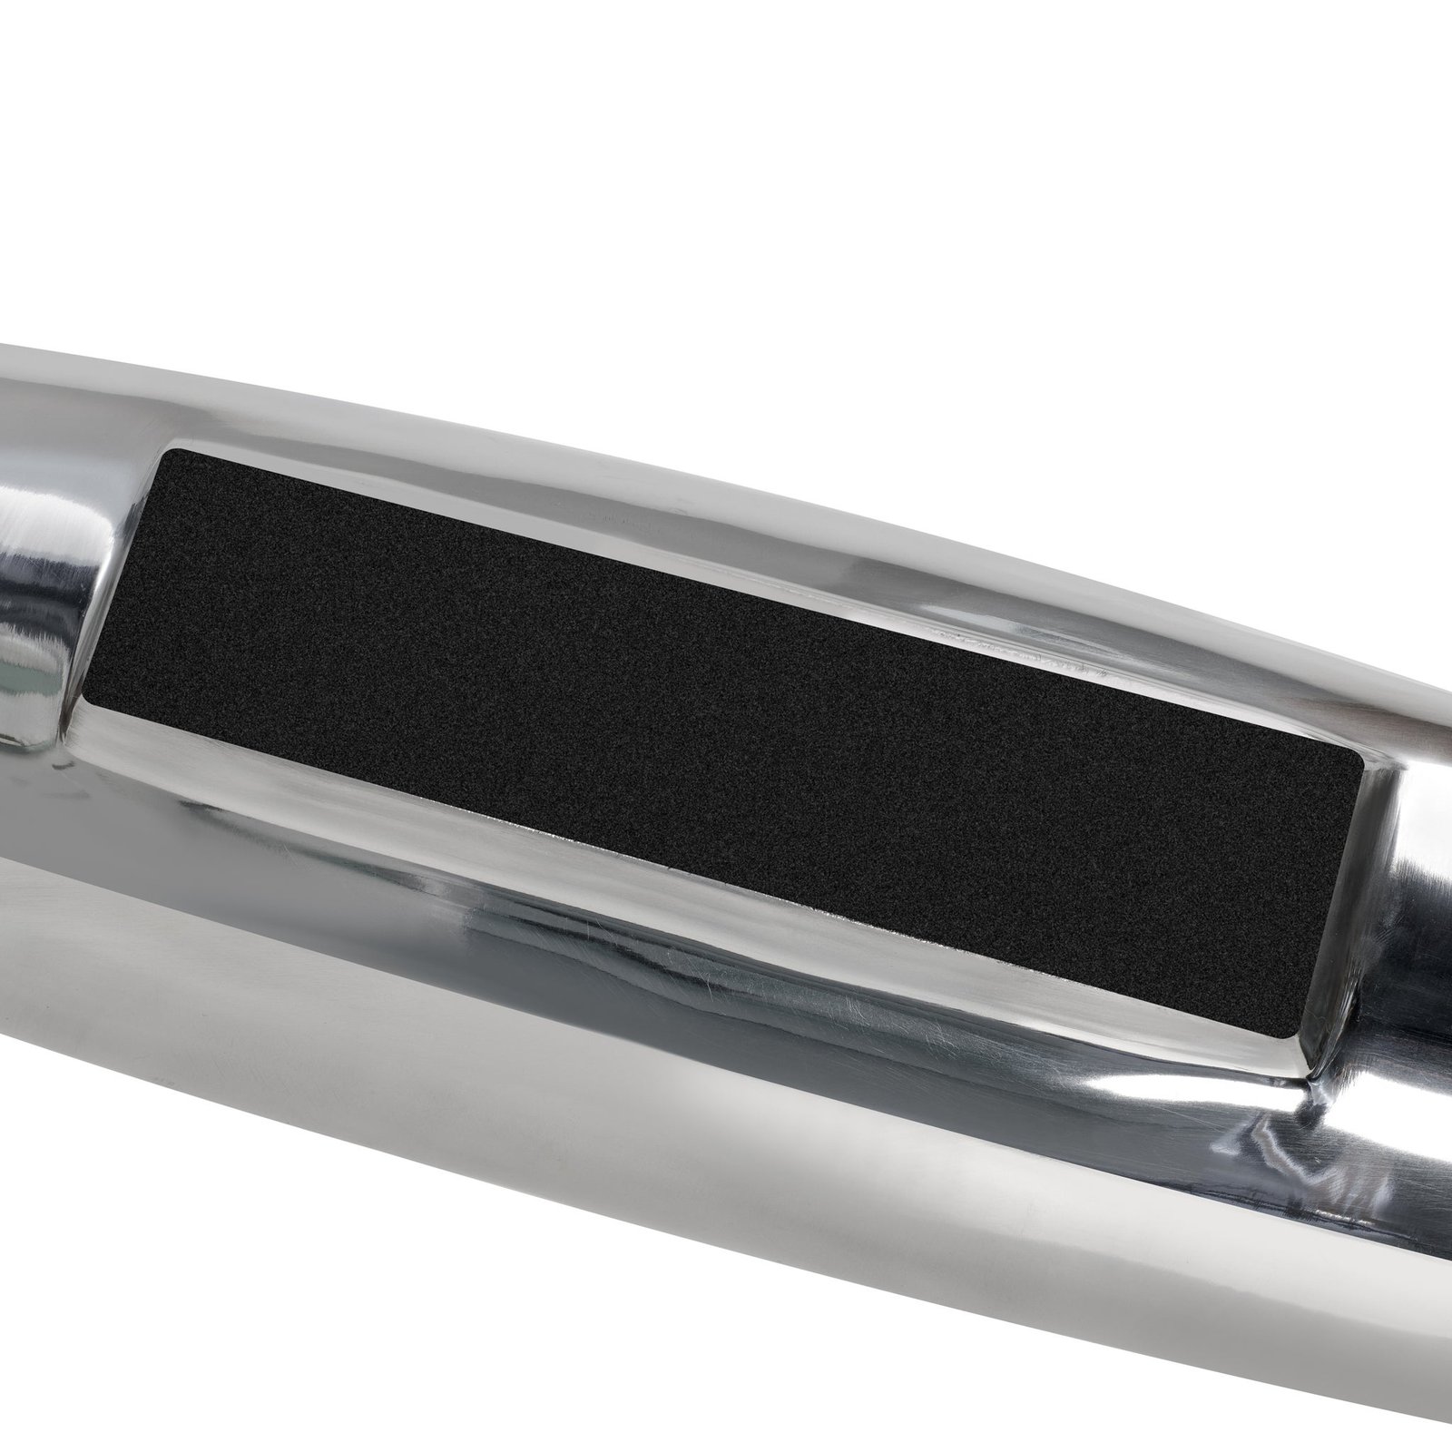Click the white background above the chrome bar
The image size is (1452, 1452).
(x=726, y=181)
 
